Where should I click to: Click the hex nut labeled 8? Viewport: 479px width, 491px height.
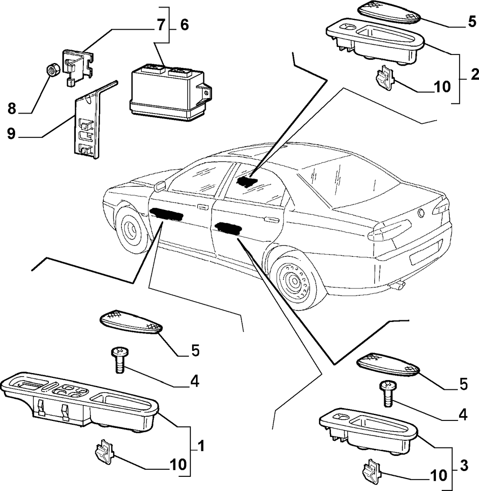tap(51, 70)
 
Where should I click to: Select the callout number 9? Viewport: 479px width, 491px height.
tap(11, 134)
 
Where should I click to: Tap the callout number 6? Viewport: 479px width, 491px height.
tap(185, 25)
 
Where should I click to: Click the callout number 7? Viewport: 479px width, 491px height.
tap(161, 25)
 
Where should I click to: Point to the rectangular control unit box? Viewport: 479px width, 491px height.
tap(171, 92)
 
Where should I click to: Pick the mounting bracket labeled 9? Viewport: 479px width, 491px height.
tap(91, 122)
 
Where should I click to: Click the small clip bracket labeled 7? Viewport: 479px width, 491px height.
tap(78, 67)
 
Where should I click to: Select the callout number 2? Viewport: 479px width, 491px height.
tap(474, 74)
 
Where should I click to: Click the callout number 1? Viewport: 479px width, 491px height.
tap(201, 446)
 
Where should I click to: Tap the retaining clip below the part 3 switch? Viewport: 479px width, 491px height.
tap(371, 470)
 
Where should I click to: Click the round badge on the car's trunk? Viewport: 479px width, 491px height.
tap(421, 213)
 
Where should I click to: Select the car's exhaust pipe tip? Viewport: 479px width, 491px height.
tap(398, 284)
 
